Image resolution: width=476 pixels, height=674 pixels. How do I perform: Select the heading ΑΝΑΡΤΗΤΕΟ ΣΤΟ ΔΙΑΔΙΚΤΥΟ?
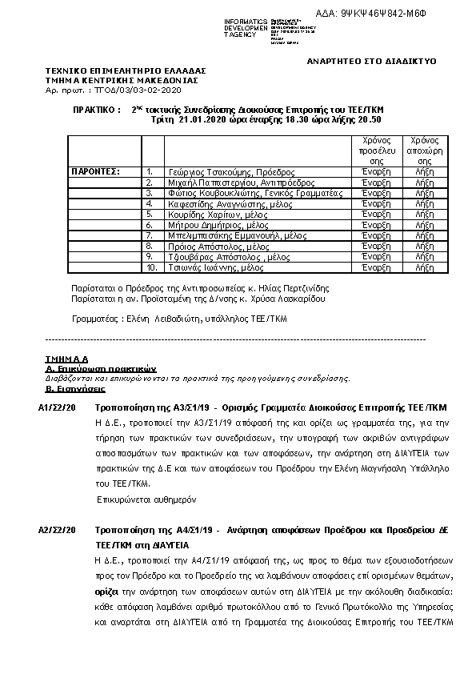[x=372, y=62]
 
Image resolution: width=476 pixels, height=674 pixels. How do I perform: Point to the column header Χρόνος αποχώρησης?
[x=425, y=150]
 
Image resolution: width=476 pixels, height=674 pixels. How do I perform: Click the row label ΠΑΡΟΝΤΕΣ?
[x=95, y=172]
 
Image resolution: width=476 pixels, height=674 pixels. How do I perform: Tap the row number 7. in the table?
[x=150, y=235]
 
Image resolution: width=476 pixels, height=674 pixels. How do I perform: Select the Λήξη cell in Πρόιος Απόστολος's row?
[x=425, y=247]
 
